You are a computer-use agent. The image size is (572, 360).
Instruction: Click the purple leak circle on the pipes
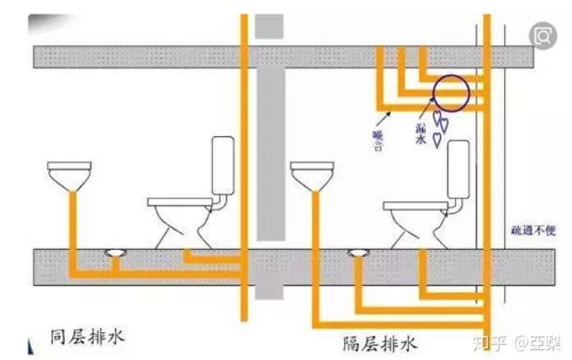click(x=450, y=92)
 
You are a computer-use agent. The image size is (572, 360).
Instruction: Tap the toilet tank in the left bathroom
click(x=223, y=166)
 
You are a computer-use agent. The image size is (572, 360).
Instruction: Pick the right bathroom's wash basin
click(x=312, y=175)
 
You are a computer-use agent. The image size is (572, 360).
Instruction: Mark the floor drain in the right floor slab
click(x=357, y=249)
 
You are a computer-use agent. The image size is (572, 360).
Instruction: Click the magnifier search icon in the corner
click(x=542, y=35)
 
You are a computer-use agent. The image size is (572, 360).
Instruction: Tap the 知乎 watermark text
click(x=490, y=340)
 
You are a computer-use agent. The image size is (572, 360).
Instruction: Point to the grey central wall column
click(x=269, y=164)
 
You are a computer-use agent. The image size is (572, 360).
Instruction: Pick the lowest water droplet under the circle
click(x=437, y=140)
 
